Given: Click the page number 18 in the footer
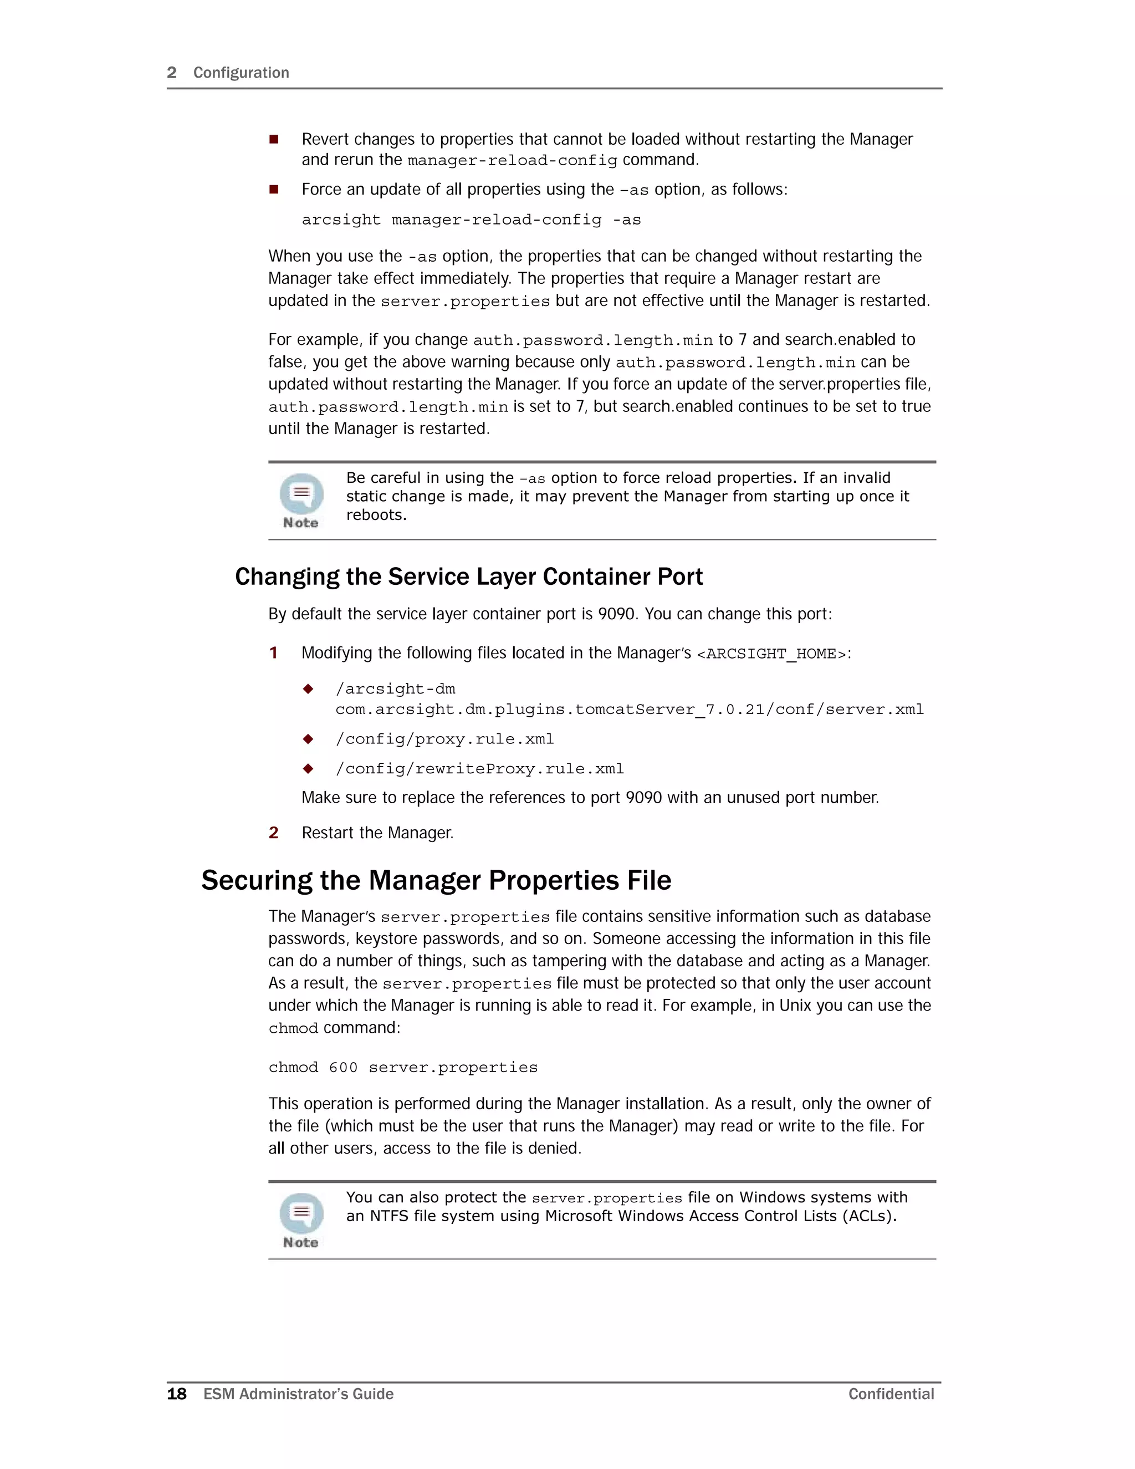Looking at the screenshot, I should click(x=177, y=1394).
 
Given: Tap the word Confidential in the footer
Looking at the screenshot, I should click(x=891, y=1394).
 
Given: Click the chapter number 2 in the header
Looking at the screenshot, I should click(x=171, y=73).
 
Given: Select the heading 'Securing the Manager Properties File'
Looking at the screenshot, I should click(x=436, y=880).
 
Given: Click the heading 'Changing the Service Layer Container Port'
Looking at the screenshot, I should click(x=469, y=577).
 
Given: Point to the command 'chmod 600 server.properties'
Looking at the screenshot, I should click(x=403, y=1068).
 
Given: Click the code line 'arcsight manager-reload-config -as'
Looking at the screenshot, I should click(x=471, y=220).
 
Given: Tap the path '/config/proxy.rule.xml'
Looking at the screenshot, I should click(x=444, y=739).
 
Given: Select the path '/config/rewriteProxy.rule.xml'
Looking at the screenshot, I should click(x=479, y=769).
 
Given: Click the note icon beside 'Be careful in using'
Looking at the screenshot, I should click(x=301, y=500).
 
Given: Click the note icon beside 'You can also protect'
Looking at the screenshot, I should click(x=301, y=1220).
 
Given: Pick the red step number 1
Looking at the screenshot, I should click(x=274, y=652).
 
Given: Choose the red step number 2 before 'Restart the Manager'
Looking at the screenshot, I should click(x=274, y=833).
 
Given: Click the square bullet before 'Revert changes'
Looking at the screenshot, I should click(x=274, y=139).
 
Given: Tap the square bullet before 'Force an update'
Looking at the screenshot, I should click(x=274, y=190).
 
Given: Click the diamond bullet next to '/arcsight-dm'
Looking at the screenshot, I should click(x=308, y=688).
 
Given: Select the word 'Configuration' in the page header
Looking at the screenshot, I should click(x=241, y=73).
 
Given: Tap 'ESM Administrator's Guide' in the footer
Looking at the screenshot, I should click(x=299, y=1394).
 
